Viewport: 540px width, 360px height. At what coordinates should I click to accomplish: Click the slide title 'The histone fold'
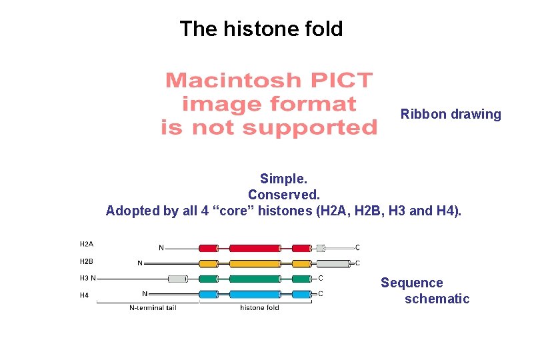(261, 29)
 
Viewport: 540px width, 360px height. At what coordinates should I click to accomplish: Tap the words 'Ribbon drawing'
(451, 114)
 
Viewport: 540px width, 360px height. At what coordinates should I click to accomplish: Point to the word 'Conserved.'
(284, 195)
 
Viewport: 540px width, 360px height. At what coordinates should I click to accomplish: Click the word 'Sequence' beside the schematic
(411, 283)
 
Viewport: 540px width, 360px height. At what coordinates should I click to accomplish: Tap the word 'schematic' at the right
(437, 299)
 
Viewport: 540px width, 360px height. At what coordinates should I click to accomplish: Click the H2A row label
(87, 244)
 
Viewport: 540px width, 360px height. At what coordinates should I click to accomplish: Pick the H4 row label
(85, 295)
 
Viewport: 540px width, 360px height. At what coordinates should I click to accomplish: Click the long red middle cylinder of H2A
(255, 248)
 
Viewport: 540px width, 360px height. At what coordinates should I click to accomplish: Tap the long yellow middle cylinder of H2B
(255, 263)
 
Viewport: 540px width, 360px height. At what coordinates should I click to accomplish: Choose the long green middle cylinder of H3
(255, 279)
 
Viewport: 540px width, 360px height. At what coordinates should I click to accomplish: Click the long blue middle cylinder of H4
(255, 294)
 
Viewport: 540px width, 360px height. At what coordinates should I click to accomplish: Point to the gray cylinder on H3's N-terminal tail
(177, 279)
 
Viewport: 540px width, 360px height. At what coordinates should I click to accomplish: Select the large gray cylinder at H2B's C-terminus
(337, 263)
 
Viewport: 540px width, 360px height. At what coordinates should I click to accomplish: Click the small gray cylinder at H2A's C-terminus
(321, 248)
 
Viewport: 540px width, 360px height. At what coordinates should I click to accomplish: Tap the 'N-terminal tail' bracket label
(148, 308)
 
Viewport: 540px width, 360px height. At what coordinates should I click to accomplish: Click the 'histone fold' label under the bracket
(259, 308)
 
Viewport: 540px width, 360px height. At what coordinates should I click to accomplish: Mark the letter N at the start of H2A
(161, 248)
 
